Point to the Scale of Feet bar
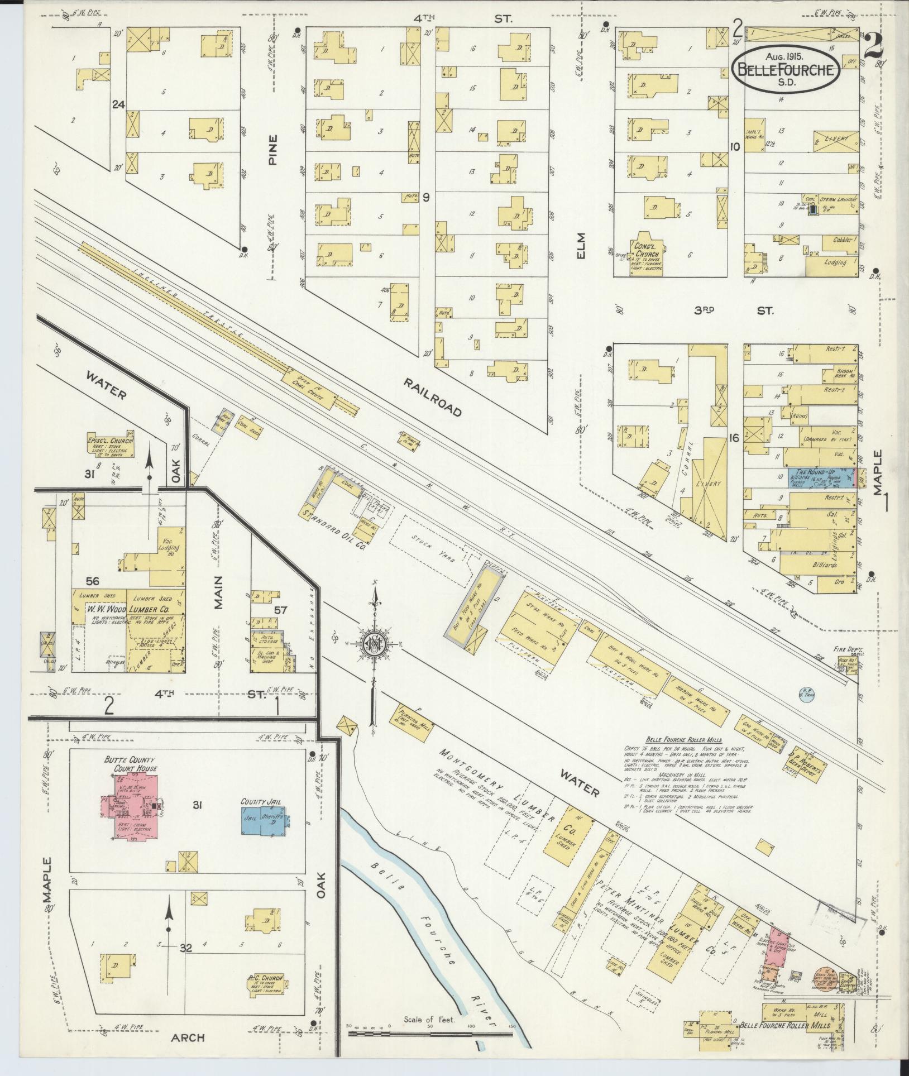coord(430,1034)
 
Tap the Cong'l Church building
coord(648,254)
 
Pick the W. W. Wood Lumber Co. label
coord(128,609)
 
